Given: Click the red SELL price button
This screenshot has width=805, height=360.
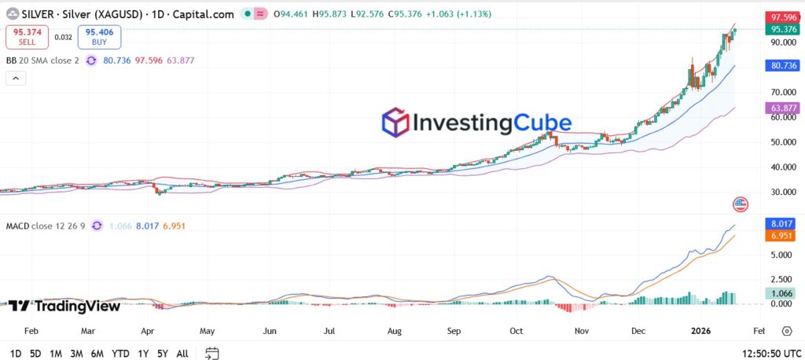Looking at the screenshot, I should [x=28, y=36].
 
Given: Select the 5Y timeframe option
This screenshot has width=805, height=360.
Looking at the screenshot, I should [x=161, y=354].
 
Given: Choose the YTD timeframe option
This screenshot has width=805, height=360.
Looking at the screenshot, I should [x=120, y=354].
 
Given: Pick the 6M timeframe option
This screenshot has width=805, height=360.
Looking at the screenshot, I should [x=97, y=354].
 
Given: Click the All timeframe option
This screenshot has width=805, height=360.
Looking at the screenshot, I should [x=182, y=354].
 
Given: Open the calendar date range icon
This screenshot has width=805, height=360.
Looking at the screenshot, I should [x=211, y=354].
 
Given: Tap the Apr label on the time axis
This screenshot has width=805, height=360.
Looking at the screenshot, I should [x=148, y=332].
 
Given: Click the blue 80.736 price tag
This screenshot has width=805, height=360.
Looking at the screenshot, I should [x=783, y=67].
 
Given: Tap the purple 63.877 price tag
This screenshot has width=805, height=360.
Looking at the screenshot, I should [x=783, y=108].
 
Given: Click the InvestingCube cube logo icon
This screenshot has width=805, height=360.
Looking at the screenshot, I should [x=395, y=123].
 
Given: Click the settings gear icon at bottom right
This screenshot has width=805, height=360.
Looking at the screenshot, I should [x=788, y=332].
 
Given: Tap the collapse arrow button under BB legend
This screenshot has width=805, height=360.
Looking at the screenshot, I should [x=16, y=78].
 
